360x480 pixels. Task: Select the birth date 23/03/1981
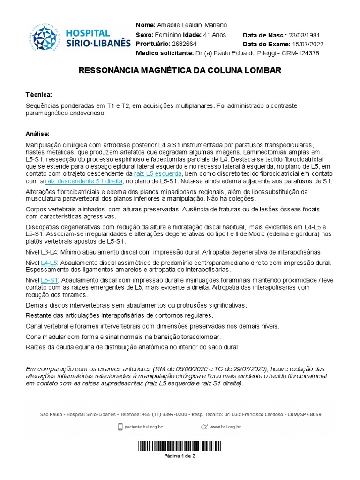(307, 35)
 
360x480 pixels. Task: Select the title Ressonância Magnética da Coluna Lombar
(180, 71)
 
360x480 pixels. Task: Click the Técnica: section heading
(39, 95)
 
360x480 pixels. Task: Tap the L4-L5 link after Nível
(49, 263)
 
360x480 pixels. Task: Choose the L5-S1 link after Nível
(49, 279)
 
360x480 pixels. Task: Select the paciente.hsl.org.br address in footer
(144, 427)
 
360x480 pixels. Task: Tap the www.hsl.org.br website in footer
(225, 427)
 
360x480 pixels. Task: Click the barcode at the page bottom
(180, 446)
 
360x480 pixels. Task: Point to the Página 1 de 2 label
(180, 456)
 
